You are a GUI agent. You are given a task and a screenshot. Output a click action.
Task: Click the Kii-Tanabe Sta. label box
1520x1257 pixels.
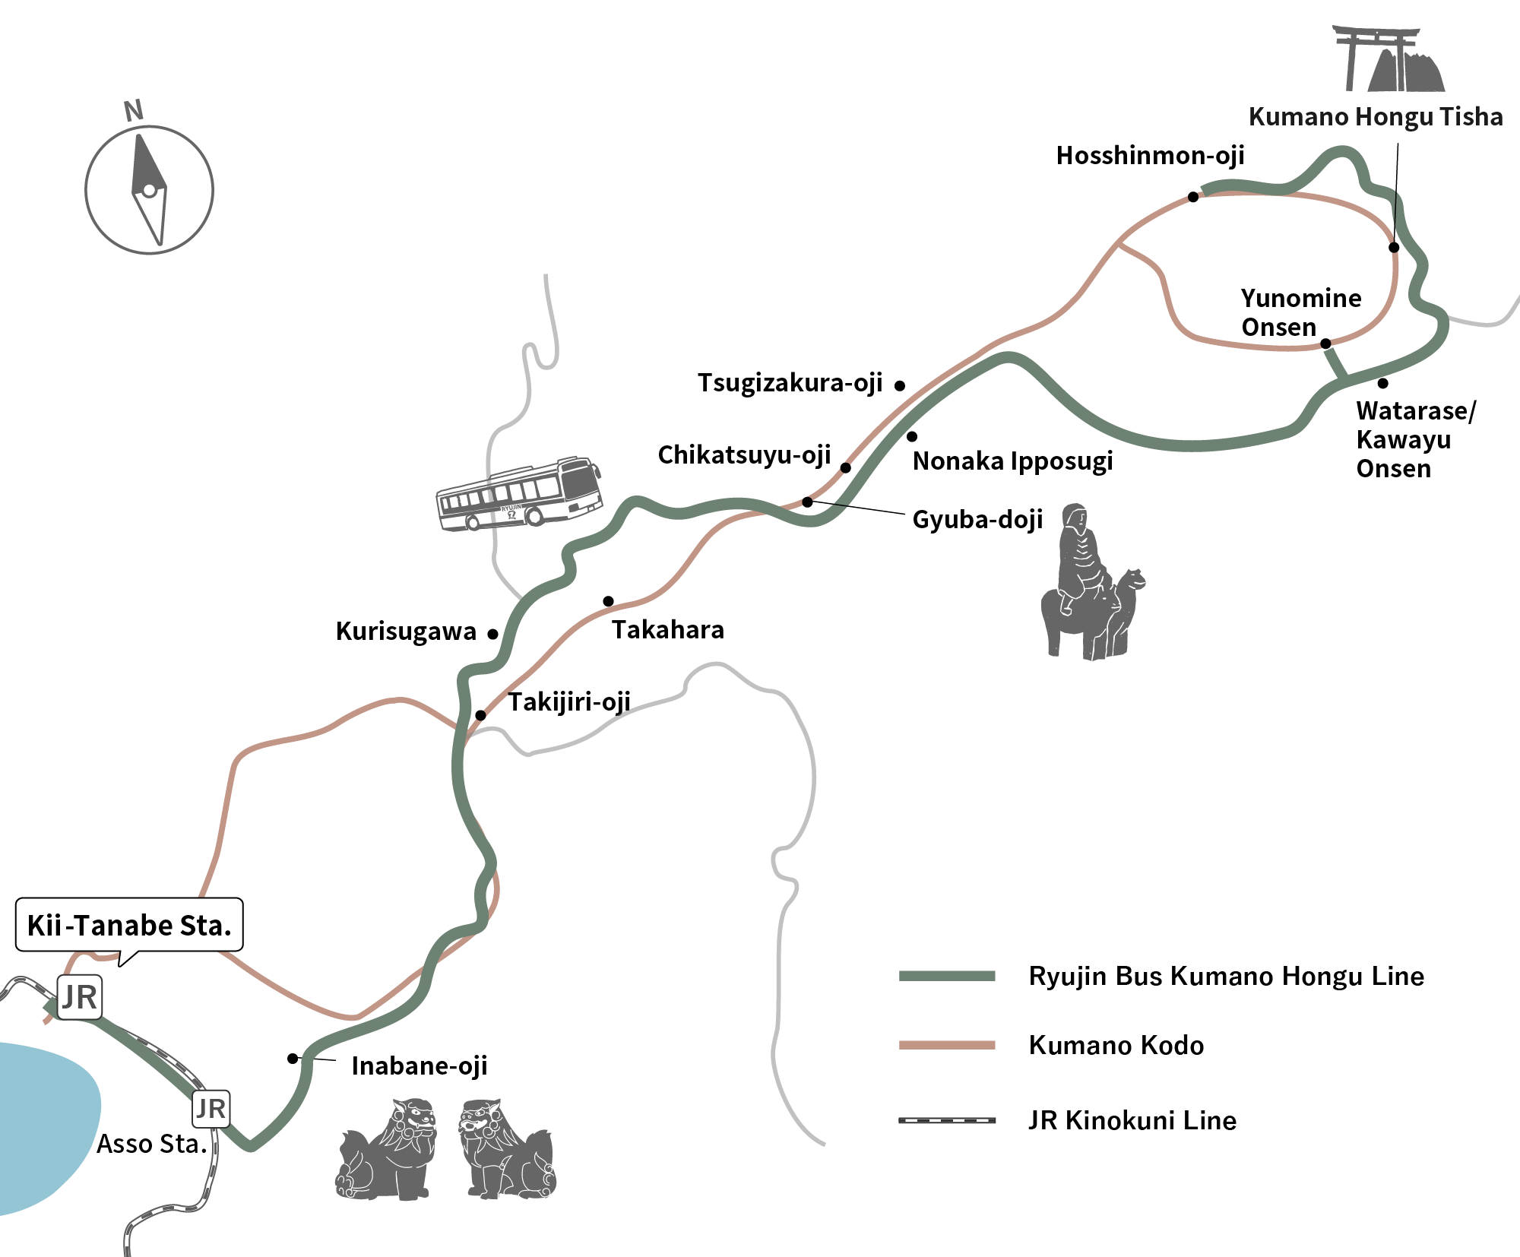coord(129,925)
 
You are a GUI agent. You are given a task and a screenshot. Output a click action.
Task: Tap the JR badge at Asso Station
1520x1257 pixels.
coord(211,1109)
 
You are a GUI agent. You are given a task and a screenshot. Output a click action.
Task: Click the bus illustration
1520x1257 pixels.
coord(520,493)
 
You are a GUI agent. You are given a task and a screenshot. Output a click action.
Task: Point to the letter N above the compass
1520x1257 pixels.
coord(134,111)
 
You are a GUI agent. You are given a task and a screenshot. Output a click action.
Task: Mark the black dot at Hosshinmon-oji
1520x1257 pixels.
coord(1193,197)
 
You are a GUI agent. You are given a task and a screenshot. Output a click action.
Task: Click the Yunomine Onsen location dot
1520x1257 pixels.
coord(1325,344)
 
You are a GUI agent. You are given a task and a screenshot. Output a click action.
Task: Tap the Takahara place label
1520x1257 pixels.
coord(668,630)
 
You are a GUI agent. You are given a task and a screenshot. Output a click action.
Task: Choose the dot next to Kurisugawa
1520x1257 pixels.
coord(492,634)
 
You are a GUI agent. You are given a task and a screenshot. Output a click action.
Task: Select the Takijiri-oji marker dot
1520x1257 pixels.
coord(480,715)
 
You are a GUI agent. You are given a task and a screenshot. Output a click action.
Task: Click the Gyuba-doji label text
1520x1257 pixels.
coord(977,520)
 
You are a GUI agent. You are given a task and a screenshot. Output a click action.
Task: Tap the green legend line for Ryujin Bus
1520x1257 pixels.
coord(947,977)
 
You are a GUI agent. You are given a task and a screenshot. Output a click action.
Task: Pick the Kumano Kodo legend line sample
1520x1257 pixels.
coord(947,1045)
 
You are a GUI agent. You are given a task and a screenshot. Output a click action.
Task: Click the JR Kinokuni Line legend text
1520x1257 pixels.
coord(1132,1121)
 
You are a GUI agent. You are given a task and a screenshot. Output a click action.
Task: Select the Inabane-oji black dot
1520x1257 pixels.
coord(293,1059)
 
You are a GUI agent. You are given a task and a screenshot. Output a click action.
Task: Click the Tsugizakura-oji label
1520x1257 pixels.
coord(790,383)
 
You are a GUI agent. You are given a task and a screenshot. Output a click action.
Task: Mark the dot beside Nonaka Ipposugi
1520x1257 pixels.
coord(912,436)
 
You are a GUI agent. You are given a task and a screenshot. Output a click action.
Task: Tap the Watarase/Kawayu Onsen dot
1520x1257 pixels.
coord(1383,383)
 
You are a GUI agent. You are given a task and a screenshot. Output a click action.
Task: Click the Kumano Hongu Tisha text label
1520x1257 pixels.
coord(1376,117)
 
